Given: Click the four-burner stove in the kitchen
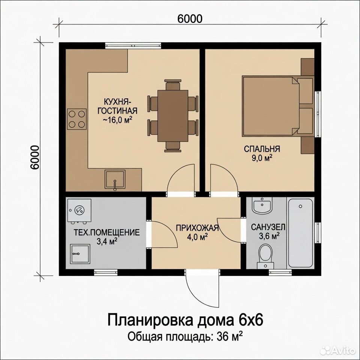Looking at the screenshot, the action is point(76,119).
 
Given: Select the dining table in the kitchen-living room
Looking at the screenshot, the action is point(172,116).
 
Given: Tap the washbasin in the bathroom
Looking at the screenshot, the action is point(262,205).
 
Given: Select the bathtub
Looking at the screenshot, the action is point(300,233).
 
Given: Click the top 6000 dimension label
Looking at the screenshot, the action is point(190,19).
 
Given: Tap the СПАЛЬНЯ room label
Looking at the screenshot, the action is point(262,149).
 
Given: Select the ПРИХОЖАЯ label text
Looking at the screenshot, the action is point(197,228).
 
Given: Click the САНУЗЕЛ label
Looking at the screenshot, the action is point(268,227).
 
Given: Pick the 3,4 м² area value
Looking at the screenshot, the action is point(107,241).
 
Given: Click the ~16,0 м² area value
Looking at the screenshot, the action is point(117,120).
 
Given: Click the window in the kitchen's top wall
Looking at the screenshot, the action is point(133,46).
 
